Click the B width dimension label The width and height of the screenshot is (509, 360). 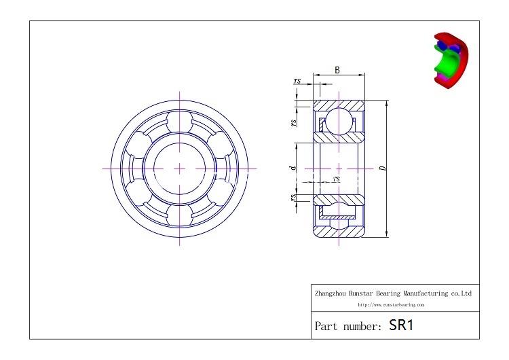click(x=337, y=69)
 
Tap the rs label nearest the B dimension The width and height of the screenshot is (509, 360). click(x=297, y=81)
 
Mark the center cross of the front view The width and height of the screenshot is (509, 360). click(x=180, y=168)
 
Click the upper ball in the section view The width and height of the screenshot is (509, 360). click(x=338, y=123)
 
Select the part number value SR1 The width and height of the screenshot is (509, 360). click(x=401, y=325)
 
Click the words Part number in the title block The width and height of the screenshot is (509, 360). click(x=348, y=327)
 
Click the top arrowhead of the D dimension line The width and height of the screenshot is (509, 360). click(x=387, y=103)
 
